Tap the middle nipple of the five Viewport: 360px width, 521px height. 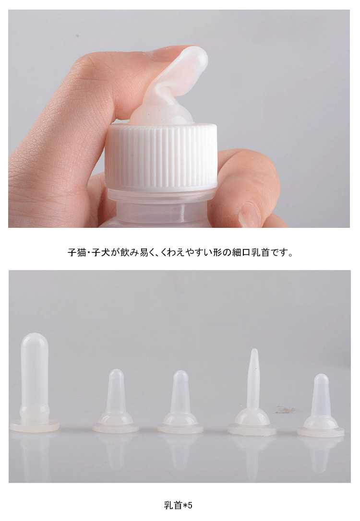180,402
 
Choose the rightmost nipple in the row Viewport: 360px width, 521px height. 321,405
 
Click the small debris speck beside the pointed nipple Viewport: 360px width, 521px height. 285,410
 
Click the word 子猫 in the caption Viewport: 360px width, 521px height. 77,252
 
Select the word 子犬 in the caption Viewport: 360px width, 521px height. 101,252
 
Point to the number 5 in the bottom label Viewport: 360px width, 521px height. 190,505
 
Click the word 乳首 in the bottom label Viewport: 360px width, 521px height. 173,505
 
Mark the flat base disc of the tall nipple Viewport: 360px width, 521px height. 34,426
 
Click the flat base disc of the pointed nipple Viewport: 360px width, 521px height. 252,430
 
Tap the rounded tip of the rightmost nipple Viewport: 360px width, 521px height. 321,379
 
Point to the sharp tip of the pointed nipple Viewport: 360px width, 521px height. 254,350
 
